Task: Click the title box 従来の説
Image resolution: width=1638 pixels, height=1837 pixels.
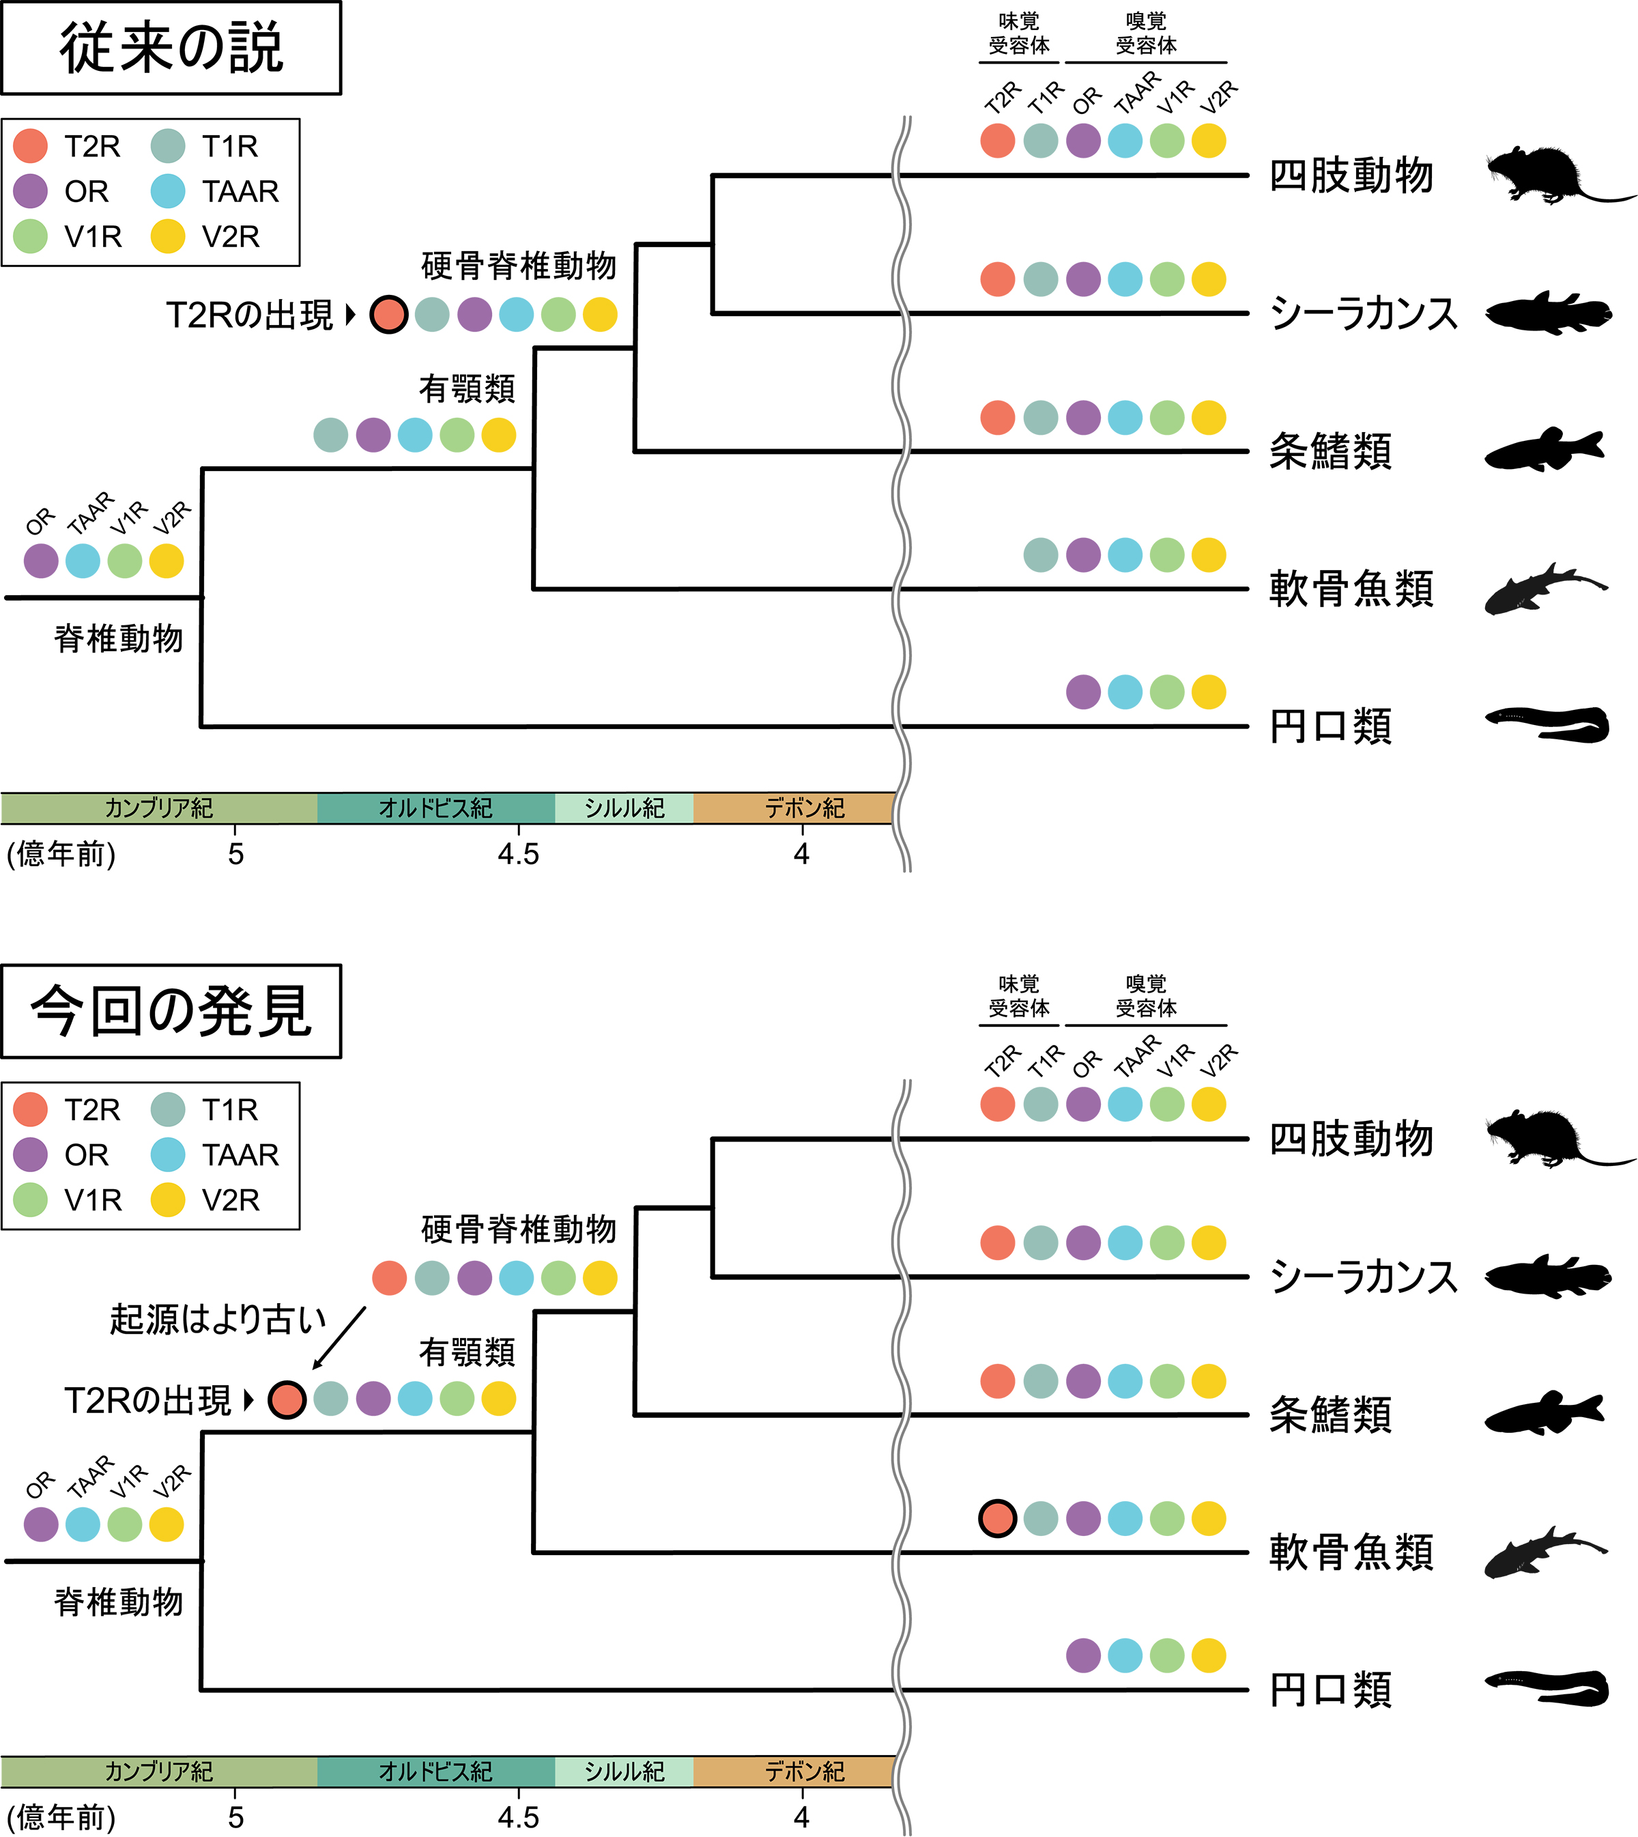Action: click(x=171, y=48)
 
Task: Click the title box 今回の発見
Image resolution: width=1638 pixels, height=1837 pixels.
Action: click(x=171, y=1011)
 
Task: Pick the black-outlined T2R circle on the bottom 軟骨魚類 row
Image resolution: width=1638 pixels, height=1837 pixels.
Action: click(x=997, y=1518)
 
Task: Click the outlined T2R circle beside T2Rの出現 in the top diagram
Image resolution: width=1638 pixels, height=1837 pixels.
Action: click(x=389, y=314)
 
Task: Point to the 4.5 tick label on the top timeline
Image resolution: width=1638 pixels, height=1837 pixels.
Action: click(x=519, y=853)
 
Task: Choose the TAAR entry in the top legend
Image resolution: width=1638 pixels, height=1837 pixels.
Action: click(x=216, y=191)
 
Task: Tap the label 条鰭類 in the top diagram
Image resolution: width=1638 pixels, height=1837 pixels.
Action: click(x=1330, y=451)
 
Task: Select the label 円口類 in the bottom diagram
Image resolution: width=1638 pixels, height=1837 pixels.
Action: click(x=1330, y=1690)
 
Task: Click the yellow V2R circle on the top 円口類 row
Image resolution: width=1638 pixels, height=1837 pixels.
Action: click(x=1209, y=692)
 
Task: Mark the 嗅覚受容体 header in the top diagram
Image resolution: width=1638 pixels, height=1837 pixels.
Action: click(x=1146, y=33)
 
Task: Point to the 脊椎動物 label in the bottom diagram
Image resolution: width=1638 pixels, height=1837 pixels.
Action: click(x=119, y=1601)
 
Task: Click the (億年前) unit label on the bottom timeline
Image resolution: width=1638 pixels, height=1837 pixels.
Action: click(x=61, y=1817)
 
